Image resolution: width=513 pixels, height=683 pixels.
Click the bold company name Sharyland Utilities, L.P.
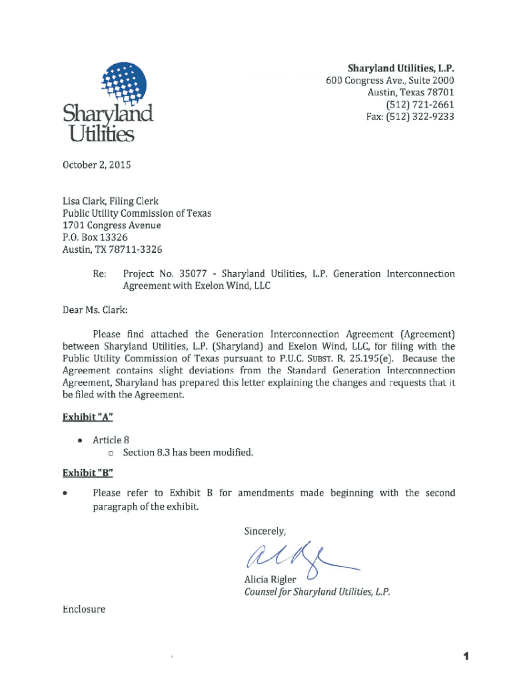pyautogui.click(x=402, y=69)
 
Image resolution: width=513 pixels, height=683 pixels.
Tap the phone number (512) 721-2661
pyautogui.click(x=420, y=105)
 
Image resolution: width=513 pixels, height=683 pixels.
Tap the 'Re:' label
pyautogui.click(x=100, y=273)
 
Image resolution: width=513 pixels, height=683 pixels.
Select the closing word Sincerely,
pyautogui.click(x=265, y=532)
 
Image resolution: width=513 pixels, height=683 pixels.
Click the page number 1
pyautogui.click(x=466, y=656)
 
